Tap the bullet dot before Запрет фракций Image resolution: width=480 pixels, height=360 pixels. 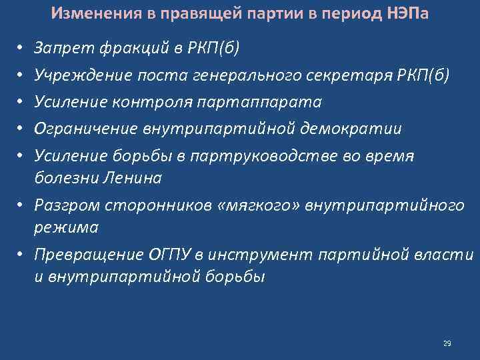pos(21,49)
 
